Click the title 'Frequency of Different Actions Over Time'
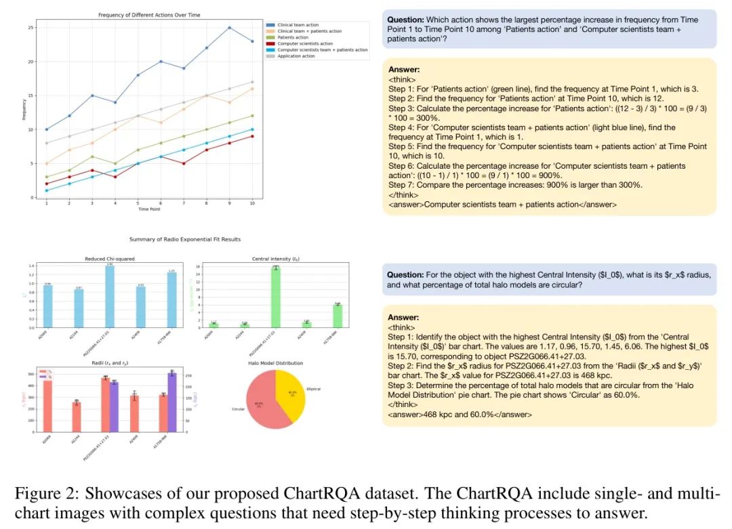[x=149, y=15]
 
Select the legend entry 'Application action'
[x=296, y=56]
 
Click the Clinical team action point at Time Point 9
[x=230, y=28]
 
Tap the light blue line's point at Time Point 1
[x=47, y=190]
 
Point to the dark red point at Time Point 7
[x=184, y=163]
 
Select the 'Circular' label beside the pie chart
[x=237, y=409]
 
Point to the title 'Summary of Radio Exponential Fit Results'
[x=185, y=240]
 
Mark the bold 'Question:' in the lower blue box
[x=405, y=275]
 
